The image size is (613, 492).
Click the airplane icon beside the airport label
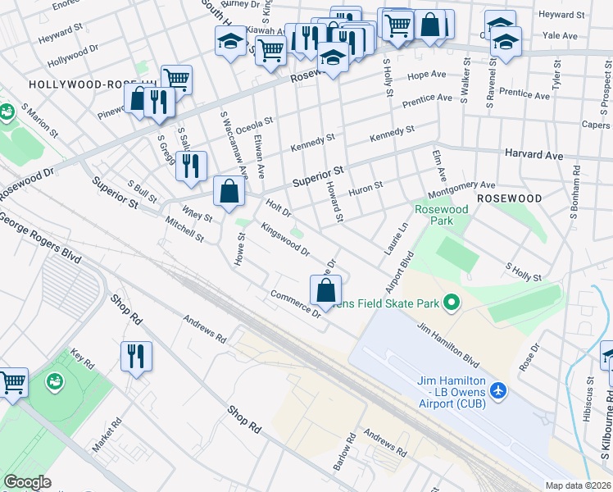tap(500, 386)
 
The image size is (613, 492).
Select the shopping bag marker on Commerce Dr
tap(326, 290)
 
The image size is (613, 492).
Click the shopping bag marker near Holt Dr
tap(229, 192)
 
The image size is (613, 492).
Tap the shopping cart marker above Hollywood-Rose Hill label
tap(176, 79)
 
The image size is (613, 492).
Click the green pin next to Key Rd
tap(55, 381)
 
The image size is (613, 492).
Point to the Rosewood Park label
tap(441, 216)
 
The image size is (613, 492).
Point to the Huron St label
tap(366, 188)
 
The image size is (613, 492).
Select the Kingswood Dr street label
tap(284, 239)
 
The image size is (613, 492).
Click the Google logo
tap(28, 482)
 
